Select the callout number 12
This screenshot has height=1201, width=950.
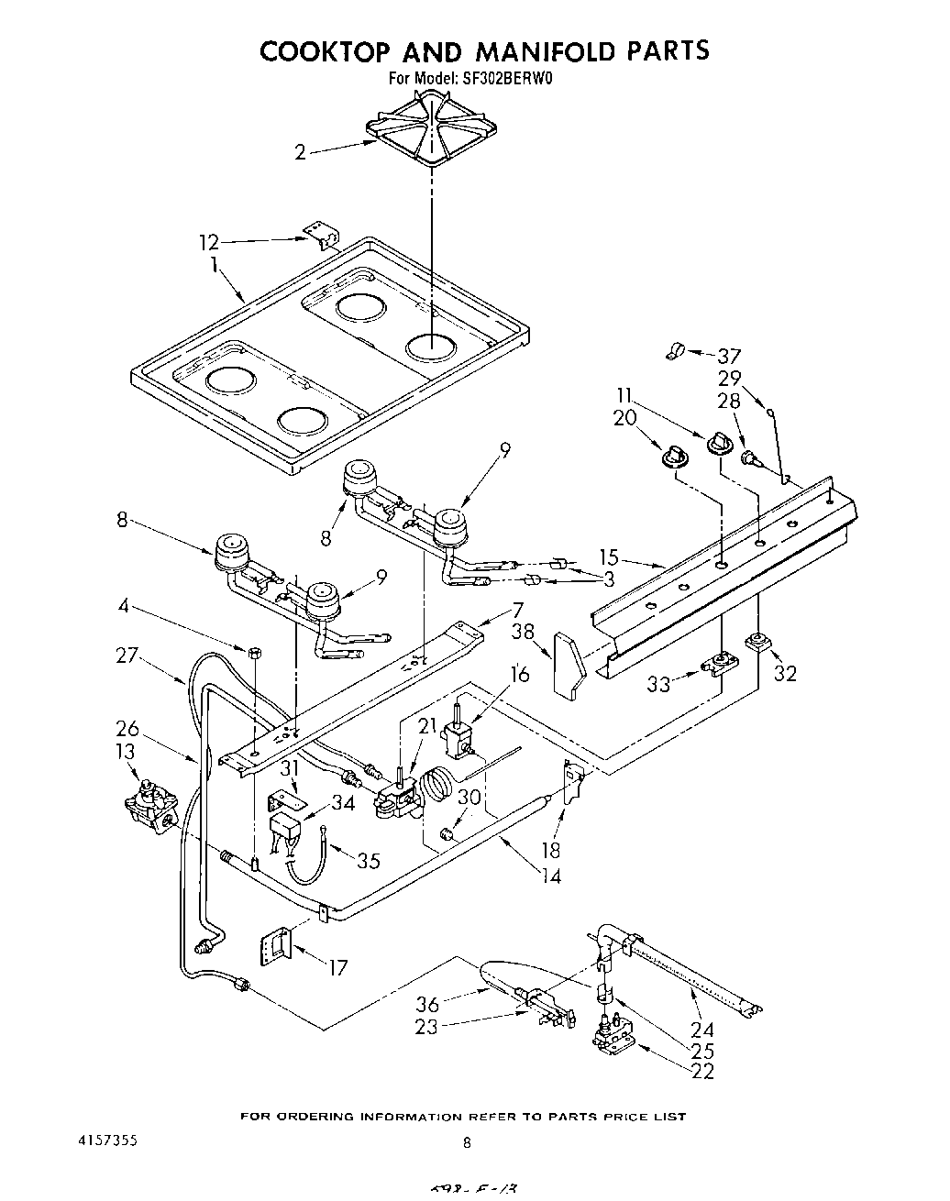210,242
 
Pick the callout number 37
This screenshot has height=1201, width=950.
729,356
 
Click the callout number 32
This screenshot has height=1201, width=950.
785,674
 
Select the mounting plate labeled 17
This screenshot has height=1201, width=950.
277,944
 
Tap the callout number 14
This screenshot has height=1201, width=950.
551,876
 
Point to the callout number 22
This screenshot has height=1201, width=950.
702,1071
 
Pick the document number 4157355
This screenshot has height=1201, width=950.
109,1141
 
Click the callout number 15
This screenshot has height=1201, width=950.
610,557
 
